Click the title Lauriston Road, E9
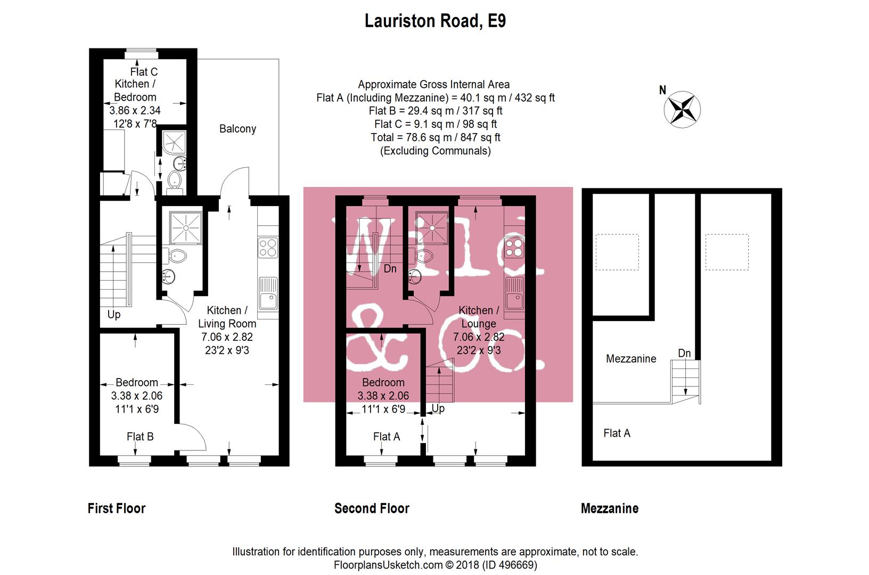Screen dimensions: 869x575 (434, 21)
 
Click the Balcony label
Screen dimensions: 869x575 (237, 129)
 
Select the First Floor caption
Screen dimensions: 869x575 (116, 508)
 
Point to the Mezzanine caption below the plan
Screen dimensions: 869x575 (609, 508)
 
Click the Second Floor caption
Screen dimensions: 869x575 (372, 508)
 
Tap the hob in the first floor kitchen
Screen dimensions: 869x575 (268, 248)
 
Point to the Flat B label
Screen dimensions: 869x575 (140, 437)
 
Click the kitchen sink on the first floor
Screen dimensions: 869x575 (268, 294)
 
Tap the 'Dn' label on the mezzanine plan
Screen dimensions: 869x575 (684, 353)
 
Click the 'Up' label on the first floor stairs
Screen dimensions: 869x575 (114, 314)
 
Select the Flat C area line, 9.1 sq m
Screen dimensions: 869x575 (435, 124)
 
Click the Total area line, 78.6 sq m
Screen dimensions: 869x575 (435, 137)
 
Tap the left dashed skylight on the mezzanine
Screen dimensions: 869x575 (617, 252)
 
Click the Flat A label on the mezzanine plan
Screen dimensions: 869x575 (617, 433)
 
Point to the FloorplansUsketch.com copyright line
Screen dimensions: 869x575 (435, 565)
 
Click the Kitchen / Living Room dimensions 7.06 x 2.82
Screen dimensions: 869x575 (227, 337)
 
